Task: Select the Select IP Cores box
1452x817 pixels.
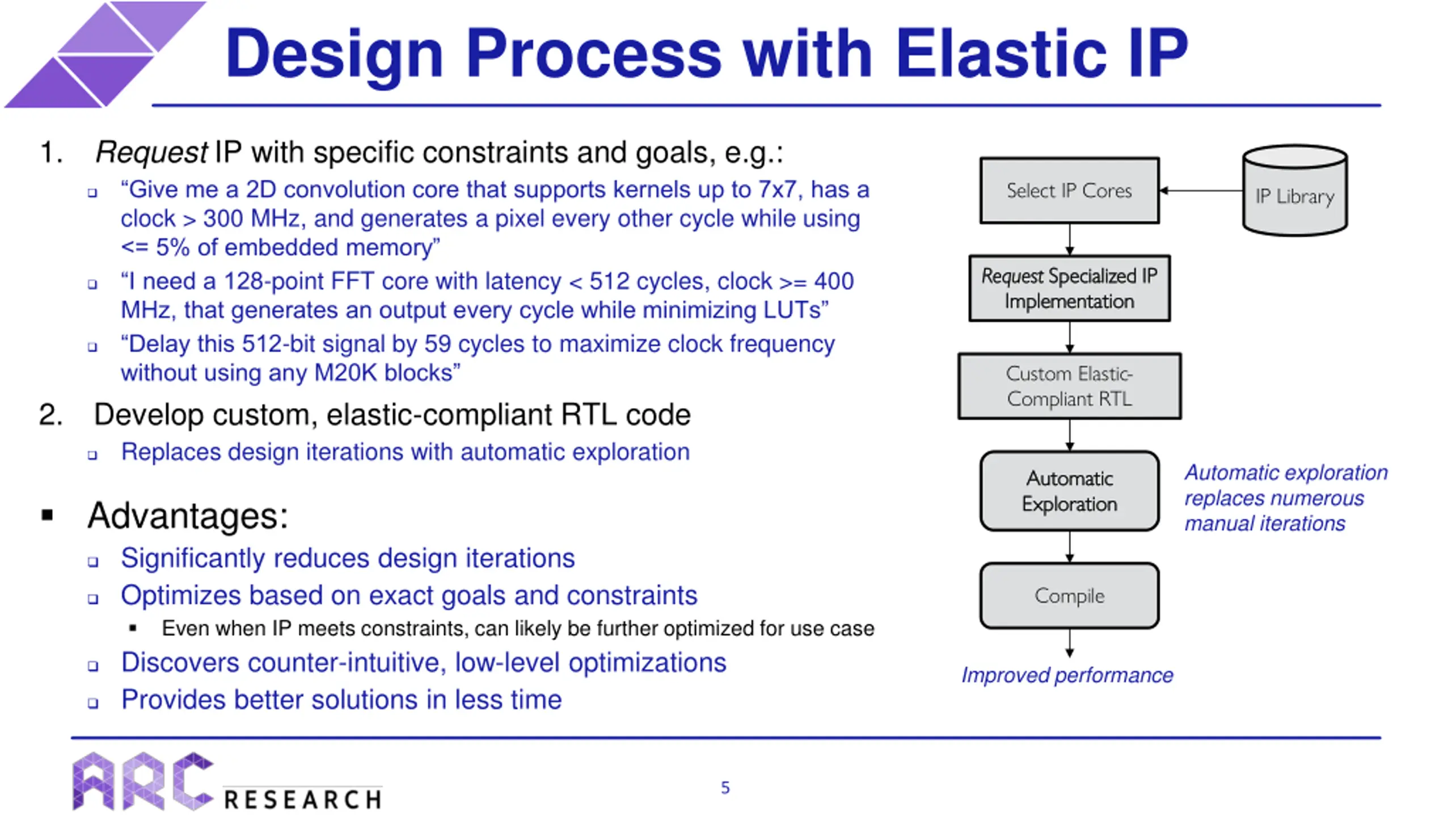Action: pos(1069,191)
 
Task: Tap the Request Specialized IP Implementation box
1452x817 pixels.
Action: pos(1069,288)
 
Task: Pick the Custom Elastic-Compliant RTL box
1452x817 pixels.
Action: pos(1069,386)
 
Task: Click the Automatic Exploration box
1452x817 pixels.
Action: pos(1069,491)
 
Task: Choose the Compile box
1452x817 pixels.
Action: pos(1069,596)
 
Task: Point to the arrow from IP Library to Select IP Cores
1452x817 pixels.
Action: pos(1200,191)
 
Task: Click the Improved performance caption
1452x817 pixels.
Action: pos(1067,675)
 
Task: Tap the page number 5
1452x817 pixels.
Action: pos(725,787)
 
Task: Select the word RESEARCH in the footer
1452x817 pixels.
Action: pos(303,799)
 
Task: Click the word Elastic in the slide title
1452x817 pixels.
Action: pos(1001,54)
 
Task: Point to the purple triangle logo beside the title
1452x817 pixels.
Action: pos(105,54)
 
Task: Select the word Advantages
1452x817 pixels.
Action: pos(188,516)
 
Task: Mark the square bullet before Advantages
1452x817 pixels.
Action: pos(48,515)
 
